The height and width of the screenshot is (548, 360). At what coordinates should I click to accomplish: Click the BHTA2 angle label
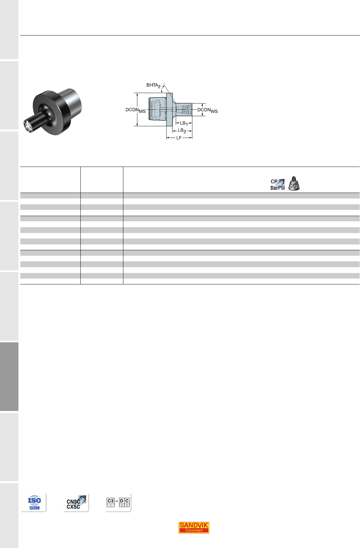pos(153,85)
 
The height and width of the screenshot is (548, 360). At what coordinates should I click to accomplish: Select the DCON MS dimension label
pos(136,110)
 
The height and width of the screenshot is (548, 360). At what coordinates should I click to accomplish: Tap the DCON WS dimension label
pos(208,110)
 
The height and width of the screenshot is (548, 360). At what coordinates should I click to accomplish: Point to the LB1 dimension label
pos(184,124)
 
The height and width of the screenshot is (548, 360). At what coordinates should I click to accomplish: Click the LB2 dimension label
pos(182,131)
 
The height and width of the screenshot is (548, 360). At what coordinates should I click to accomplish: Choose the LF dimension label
pos(179,138)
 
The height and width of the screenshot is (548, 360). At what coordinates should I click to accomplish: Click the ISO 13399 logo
pos(34,502)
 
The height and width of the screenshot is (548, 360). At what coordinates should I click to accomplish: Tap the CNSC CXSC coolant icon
pos(76,502)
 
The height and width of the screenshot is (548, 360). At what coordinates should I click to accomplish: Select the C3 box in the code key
pos(111,502)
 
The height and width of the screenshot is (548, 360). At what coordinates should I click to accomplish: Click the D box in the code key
pos(122,502)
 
